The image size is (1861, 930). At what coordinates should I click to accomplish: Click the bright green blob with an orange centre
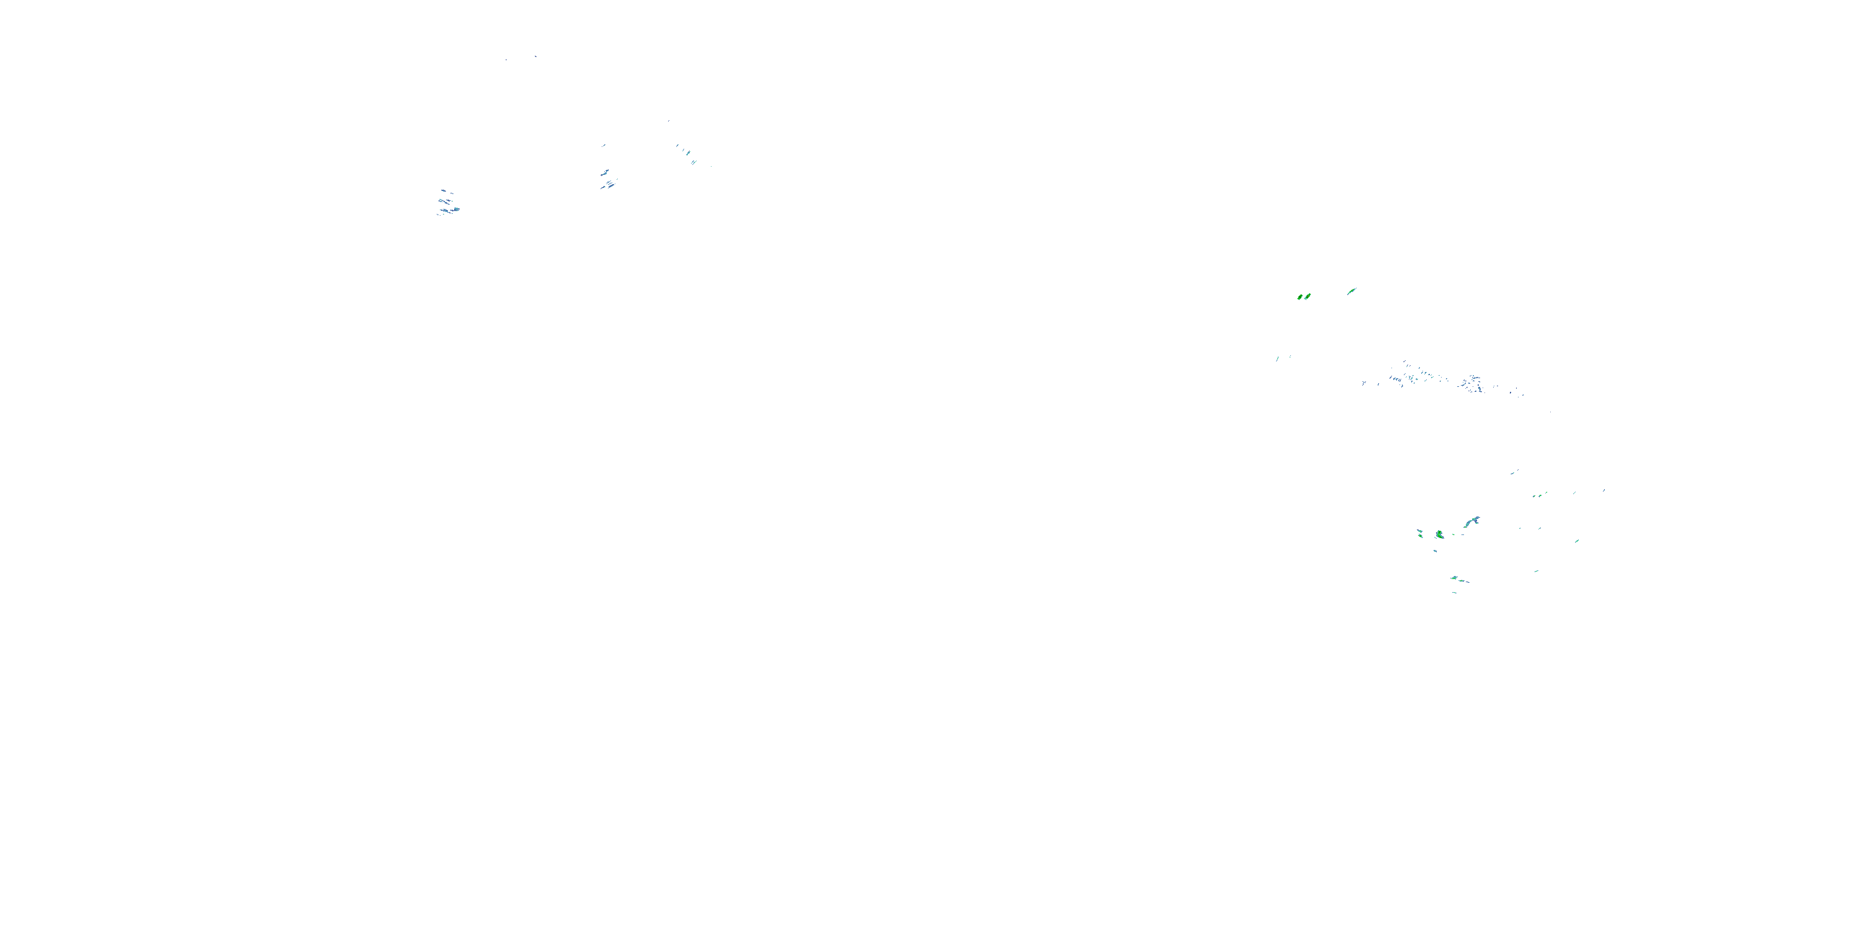click(1307, 296)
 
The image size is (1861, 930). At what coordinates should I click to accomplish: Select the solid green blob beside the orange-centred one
click(1300, 297)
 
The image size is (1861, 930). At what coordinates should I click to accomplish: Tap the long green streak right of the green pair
click(1352, 291)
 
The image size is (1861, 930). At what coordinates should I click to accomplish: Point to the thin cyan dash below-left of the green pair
click(1277, 358)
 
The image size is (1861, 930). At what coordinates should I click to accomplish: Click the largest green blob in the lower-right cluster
click(1439, 534)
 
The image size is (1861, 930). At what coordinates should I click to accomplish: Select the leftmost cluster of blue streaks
click(448, 203)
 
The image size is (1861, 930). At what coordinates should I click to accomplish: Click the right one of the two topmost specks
click(535, 56)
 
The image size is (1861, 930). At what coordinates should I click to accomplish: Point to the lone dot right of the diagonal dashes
click(711, 166)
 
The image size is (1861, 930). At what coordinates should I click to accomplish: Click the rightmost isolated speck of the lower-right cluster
click(1605, 490)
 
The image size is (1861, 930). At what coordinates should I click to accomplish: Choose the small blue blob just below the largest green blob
click(1435, 551)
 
